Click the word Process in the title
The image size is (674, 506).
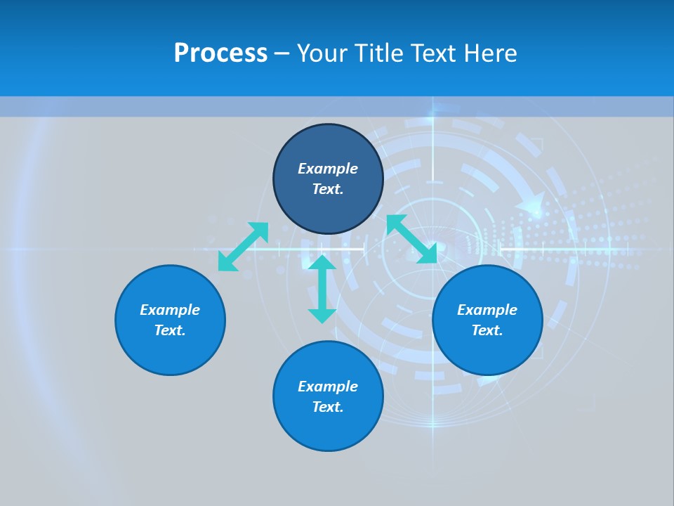coord(220,53)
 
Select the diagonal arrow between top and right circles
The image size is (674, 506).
coord(411,239)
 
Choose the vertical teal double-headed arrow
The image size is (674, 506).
coord(322,289)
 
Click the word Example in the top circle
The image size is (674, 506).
coord(328,169)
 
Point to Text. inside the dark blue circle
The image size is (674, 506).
coord(328,189)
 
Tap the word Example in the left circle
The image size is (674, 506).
coord(170,310)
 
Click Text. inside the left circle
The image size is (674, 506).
coord(170,330)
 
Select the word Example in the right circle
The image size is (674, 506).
coord(487,310)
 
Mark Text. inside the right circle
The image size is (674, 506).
coord(487,330)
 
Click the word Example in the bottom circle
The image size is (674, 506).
coord(328,387)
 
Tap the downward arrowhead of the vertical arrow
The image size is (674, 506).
coord(322,315)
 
